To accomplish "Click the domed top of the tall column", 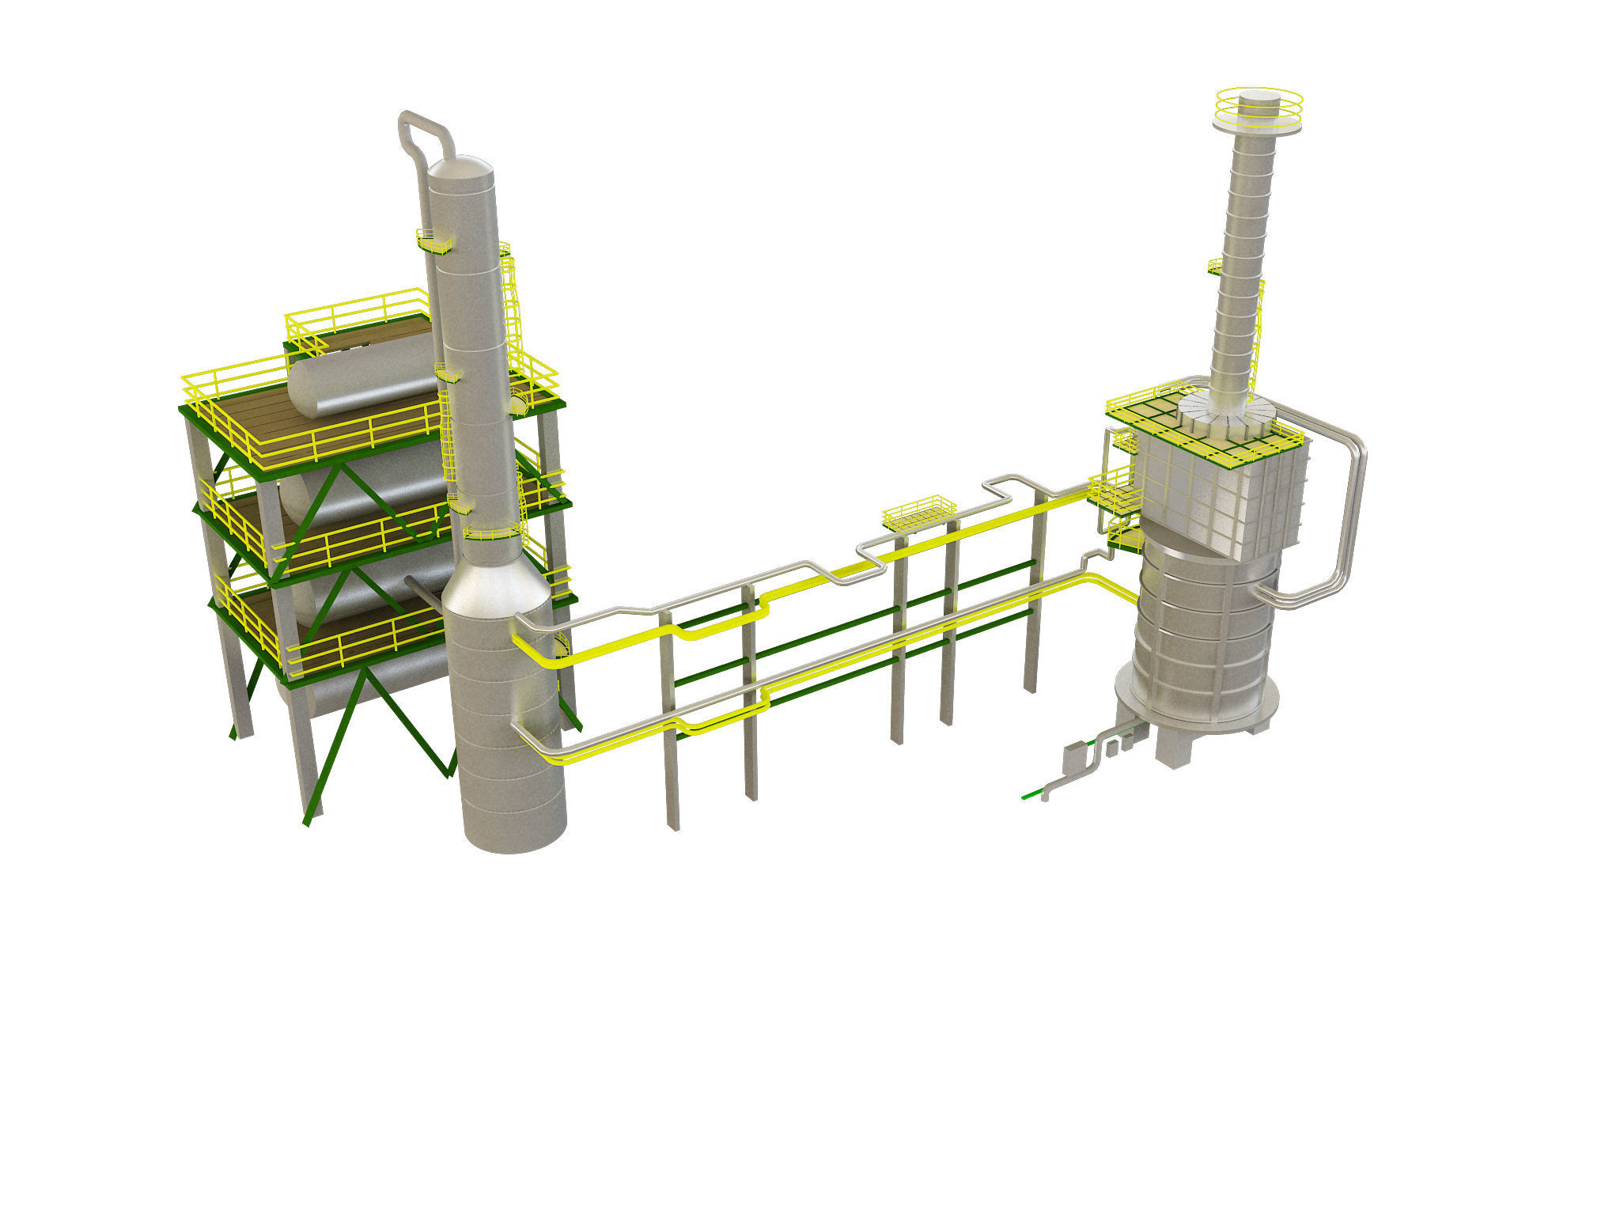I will [x=460, y=169].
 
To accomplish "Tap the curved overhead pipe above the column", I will [x=424, y=126].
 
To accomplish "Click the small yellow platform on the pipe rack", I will [x=919, y=514].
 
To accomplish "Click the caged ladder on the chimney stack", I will [x=1256, y=340].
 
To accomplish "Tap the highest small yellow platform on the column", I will [x=434, y=241].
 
